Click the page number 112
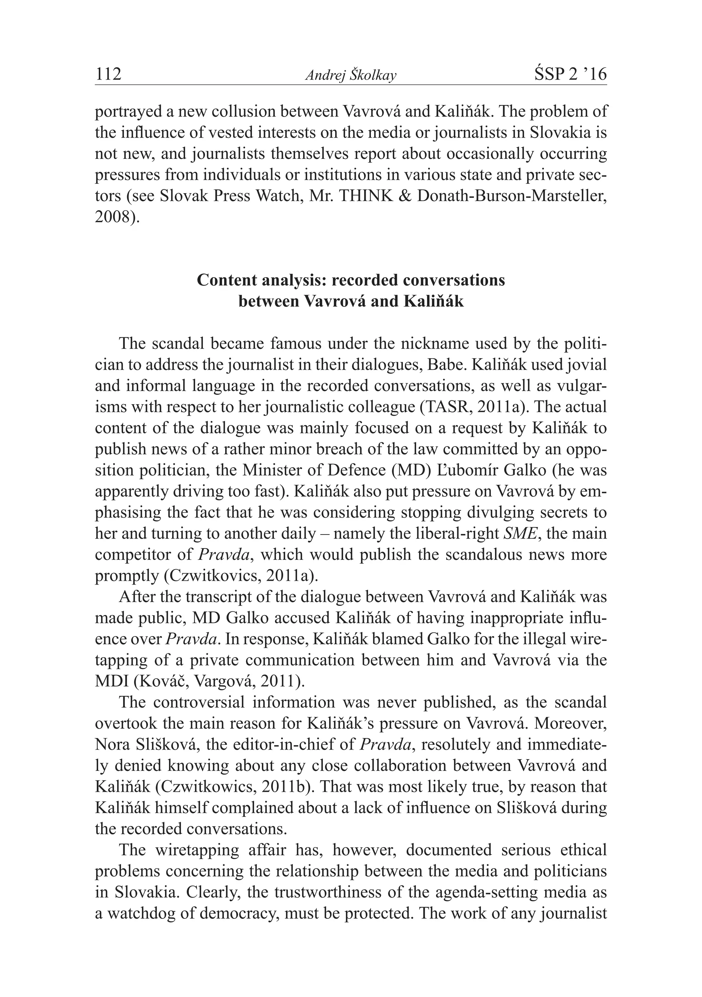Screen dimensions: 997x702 coord(108,74)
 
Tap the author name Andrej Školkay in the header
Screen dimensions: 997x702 coord(351,75)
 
